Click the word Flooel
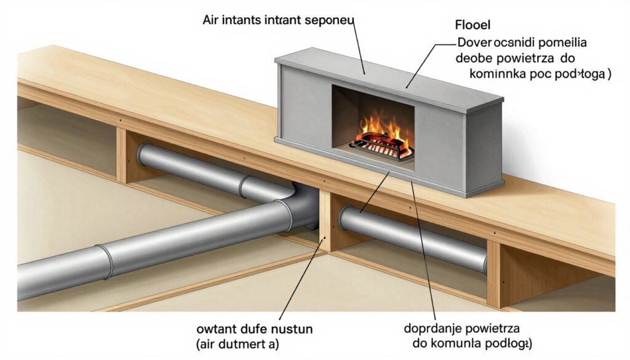472,28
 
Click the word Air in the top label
210,19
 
